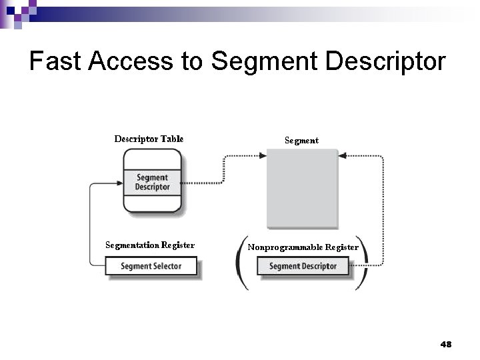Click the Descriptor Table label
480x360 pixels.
pos(149,139)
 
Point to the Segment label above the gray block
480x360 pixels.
pos(301,141)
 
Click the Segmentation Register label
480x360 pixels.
pos(150,245)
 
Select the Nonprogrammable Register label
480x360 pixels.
pos(303,247)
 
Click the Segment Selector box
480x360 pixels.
pos(151,266)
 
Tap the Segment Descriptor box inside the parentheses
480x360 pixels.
pos(303,266)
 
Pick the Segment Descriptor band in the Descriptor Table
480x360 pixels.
pos(152,182)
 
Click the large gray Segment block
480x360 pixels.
pos(302,188)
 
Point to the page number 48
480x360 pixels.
pos(446,344)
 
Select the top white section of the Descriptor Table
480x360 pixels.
pos(152,159)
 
